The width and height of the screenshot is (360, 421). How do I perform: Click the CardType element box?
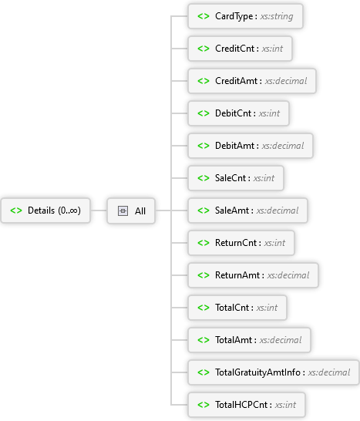click(x=245, y=16)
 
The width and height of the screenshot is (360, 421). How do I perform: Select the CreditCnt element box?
click(x=240, y=49)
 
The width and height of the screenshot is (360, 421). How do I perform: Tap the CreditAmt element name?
click(x=236, y=81)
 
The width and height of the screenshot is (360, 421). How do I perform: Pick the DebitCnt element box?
click(x=238, y=113)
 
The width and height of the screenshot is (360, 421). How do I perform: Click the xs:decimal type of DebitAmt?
click(x=283, y=146)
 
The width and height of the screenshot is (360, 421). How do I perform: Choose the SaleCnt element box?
click(x=236, y=178)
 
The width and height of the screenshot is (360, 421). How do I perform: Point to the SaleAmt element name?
click(x=232, y=210)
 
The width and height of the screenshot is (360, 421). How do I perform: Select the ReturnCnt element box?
click(x=241, y=243)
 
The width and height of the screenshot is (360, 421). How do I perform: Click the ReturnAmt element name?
click(x=237, y=275)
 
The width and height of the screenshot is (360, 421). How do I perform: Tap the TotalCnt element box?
click(x=237, y=308)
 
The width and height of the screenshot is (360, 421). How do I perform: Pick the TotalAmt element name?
click(x=234, y=340)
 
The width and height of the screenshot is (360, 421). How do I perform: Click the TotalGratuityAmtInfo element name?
click(x=257, y=372)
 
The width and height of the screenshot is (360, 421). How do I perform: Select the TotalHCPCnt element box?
click(x=247, y=405)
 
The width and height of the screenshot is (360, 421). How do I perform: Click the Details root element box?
click(x=45, y=210)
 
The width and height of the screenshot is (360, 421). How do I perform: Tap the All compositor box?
click(x=131, y=210)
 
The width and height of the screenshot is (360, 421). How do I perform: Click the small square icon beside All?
click(x=123, y=210)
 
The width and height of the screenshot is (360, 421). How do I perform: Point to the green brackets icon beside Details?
click(x=16, y=210)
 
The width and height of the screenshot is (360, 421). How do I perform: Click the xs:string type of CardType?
click(x=277, y=16)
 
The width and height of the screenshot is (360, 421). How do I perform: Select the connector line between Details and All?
click(x=99, y=210)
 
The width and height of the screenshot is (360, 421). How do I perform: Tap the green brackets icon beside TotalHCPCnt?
click(x=204, y=405)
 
